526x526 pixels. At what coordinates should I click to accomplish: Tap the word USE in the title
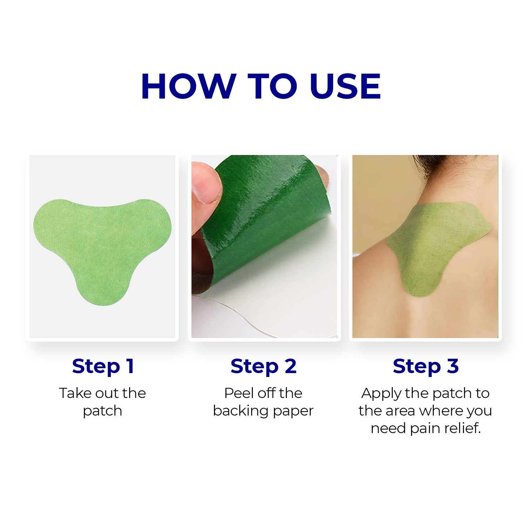345,87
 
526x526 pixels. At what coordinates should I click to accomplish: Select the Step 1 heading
103,366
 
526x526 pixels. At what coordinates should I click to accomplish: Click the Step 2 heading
263,366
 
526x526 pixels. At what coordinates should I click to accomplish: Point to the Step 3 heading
425,366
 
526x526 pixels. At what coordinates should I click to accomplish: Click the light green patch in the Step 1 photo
102,245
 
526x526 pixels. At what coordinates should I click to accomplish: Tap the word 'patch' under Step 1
102,411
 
